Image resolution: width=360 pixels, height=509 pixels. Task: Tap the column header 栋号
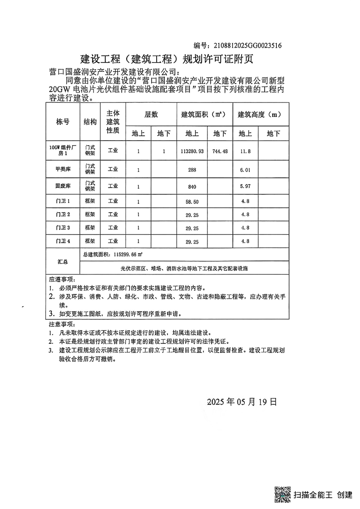click(63, 122)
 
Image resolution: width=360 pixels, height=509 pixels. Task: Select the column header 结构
click(90, 122)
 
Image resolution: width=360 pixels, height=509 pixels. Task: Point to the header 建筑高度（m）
click(261, 115)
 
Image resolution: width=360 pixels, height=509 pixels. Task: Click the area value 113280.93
click(192, 150)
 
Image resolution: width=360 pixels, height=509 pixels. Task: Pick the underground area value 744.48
click(220, 150)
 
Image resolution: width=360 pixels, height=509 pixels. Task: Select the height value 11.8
click(245, 150)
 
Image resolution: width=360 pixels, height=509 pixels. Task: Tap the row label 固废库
click(63, 186)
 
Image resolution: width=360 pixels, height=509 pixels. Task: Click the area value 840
click(192, 186)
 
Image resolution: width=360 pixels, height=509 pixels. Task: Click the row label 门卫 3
click(63, 228)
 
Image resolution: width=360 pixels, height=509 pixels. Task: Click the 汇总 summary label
click(63, 262)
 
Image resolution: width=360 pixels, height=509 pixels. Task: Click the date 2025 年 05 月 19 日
click(242, 401)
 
